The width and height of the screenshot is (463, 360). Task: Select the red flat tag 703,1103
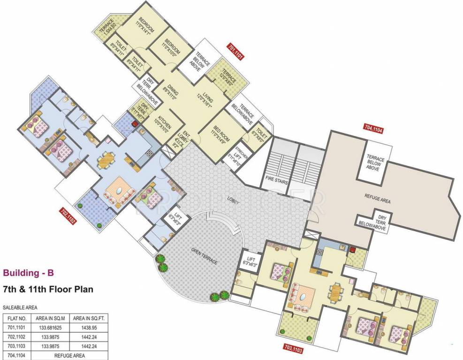tap(294, 348)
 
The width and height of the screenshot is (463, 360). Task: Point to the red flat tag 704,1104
tap(374, 127)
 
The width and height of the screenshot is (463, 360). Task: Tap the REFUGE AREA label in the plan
tap(378, 200)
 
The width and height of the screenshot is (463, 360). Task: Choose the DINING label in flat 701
tap(169, 93)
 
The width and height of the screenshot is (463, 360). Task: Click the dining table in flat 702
tap(105, 160)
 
